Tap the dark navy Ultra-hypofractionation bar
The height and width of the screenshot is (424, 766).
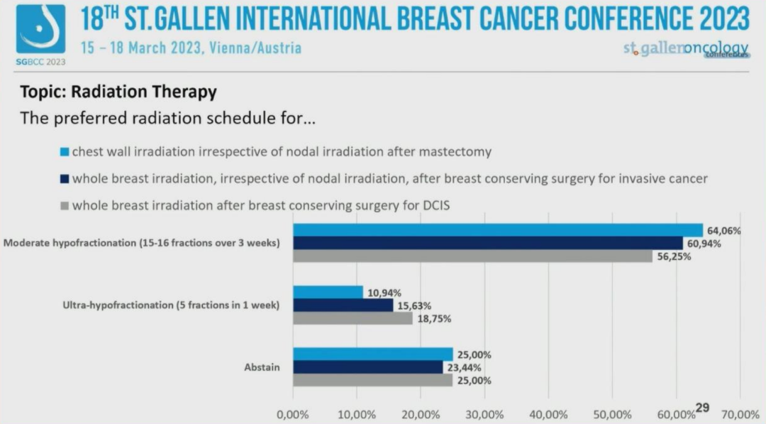click(x=343, y=305)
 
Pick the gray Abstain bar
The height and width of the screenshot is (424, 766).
click(x=372, y=380)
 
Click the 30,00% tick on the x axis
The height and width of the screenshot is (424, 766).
click(x=484, y=414)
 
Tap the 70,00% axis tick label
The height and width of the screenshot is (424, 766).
click(x=740, y=414)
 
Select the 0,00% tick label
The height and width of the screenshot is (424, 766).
click(x=294, y=414)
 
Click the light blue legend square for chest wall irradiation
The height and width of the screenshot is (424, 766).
click(x=65, y=152)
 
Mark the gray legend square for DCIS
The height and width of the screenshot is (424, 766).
click(x=65, y=206)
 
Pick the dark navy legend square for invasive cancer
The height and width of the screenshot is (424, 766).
click(x=65, y=179)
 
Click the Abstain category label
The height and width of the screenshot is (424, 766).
click(x=262, y=367)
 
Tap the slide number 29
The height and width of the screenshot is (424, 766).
click(x=702, y=408)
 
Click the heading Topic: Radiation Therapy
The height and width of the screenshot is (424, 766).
click(x=118, y=92)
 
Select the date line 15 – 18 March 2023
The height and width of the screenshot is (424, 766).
click(x=190, y=48)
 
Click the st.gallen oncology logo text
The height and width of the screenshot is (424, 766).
click(x=685, y=49)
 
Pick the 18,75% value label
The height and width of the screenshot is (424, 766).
click(x=433, y=318)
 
